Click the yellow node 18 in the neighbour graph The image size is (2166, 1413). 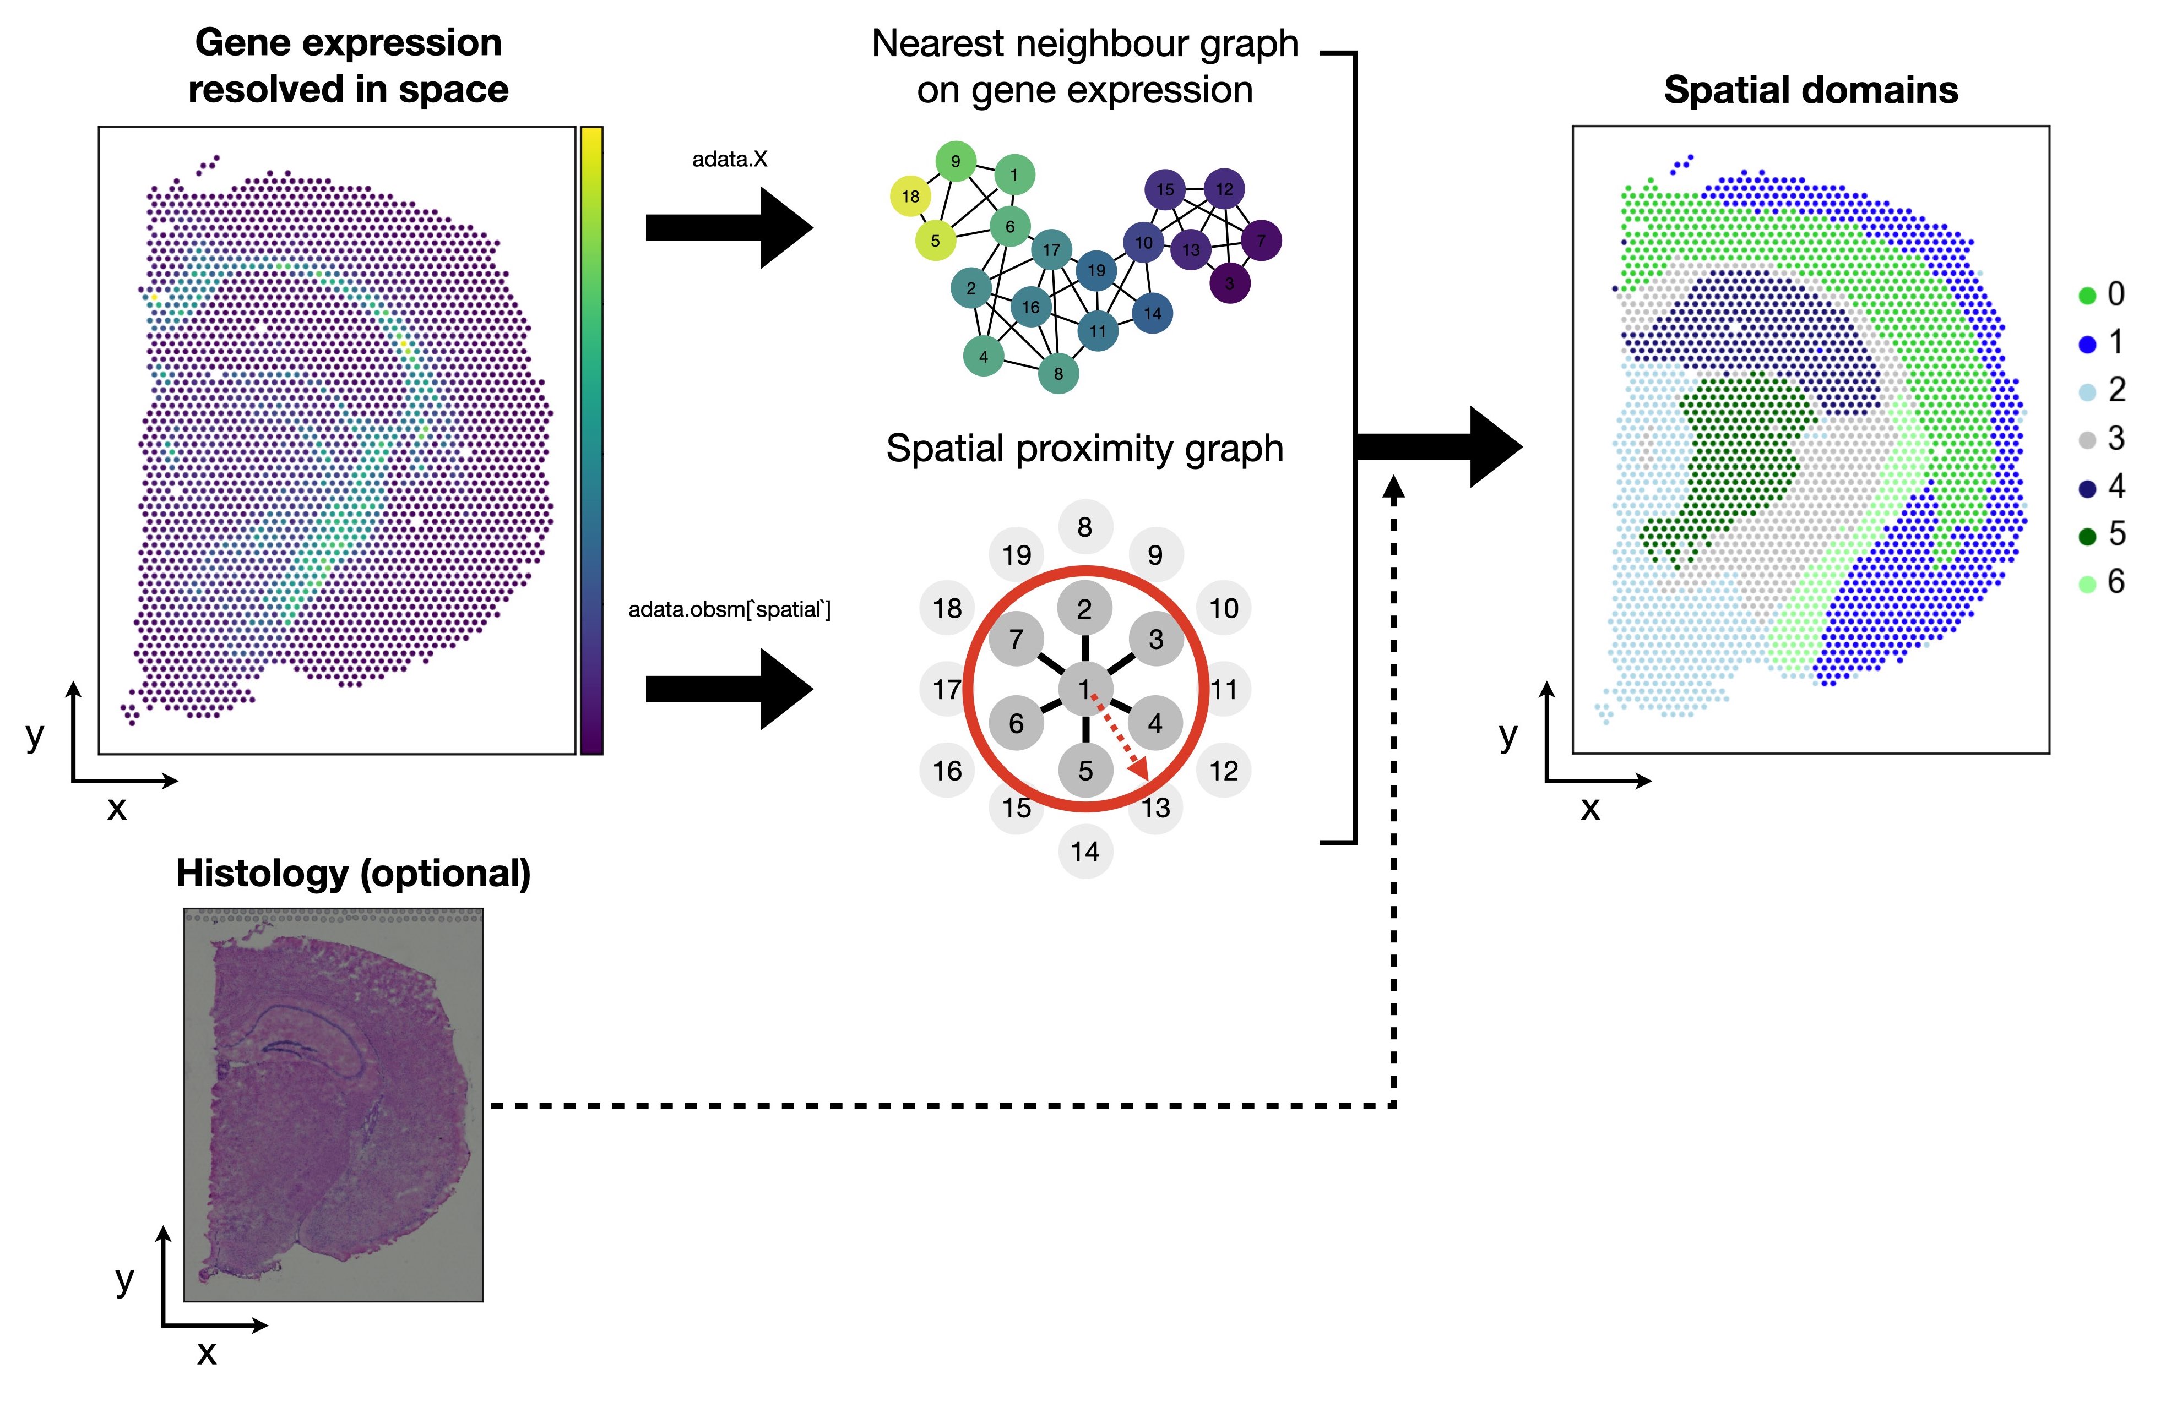[910, 197]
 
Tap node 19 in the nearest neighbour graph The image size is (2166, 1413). [1096, 270]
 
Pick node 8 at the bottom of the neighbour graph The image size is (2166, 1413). [1057, 373]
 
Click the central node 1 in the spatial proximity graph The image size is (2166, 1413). [1084, 689]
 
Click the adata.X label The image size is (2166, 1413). [729, 159]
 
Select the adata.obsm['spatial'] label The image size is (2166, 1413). [729, 609]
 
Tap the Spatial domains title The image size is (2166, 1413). [1810, 90]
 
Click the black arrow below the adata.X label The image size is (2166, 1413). [728, 227]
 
